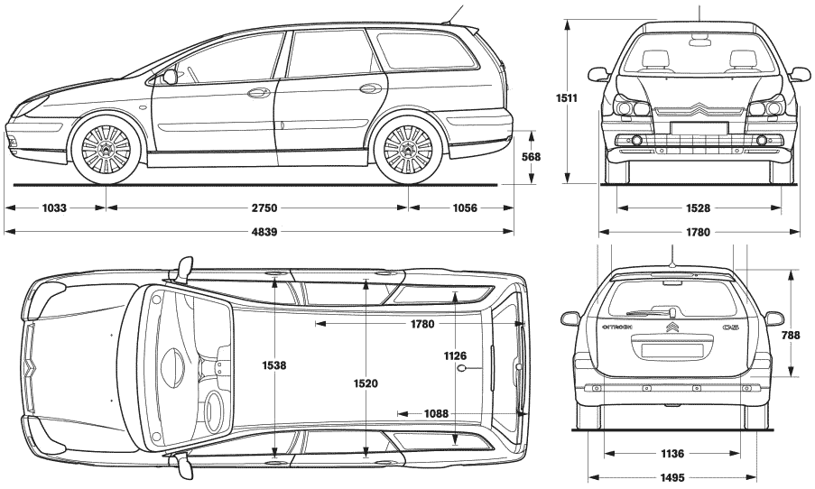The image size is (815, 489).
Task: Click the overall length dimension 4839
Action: click(264, 232)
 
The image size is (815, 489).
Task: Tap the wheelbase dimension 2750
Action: click(264, 208)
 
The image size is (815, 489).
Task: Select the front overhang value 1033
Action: click(54, 208)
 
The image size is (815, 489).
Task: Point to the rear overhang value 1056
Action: click(465, 208)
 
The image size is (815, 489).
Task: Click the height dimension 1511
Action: click(567, 97)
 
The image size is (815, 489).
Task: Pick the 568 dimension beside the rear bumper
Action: click(532, 157)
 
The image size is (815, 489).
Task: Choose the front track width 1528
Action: click(698, 208)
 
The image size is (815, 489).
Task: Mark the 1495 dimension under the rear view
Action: click(672, 477)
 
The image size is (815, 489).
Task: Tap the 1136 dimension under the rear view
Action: click(672, 454)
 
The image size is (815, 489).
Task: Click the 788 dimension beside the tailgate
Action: click(792, 336)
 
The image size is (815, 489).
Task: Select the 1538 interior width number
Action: click(273, 365)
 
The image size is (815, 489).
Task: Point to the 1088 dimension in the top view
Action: click(436, 413)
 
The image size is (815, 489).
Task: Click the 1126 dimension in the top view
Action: click(455, 356)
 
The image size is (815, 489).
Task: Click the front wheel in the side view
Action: click(107, 148)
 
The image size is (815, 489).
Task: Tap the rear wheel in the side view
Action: click(408, 148)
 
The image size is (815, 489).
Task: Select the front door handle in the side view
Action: click(256, 93)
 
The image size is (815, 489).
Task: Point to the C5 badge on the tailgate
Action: click(730, 328)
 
